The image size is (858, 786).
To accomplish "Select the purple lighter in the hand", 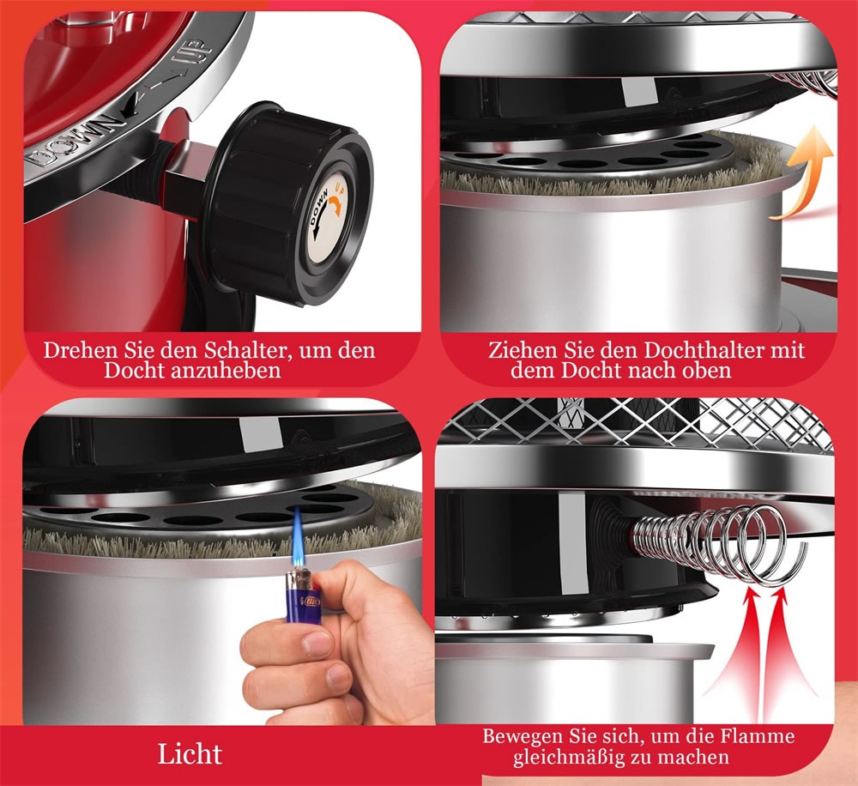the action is pos(302,596).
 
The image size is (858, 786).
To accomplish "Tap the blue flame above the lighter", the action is pos(299,536).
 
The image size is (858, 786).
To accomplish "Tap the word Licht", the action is pos(190,753).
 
